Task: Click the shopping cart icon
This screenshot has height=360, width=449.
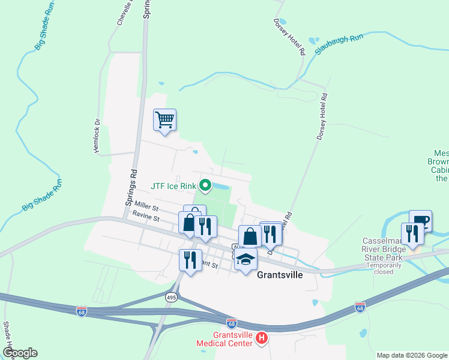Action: [x=164, y=119]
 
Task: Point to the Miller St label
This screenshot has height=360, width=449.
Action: [x=146, y=206]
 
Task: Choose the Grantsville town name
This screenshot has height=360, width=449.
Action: [x=282, y=275]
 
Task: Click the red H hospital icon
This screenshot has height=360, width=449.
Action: [x=261, y=339]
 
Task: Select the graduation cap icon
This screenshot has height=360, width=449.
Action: [x=246, y=260]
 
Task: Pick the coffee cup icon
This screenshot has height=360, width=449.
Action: [x=420, y=220]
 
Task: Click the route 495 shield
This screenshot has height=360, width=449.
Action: [x=172, y=297]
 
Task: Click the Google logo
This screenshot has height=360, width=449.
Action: [x=20, y=353]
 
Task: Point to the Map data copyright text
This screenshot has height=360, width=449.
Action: [x=412, y=355]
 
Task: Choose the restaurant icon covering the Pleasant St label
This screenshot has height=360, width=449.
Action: [x=190, y=260]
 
